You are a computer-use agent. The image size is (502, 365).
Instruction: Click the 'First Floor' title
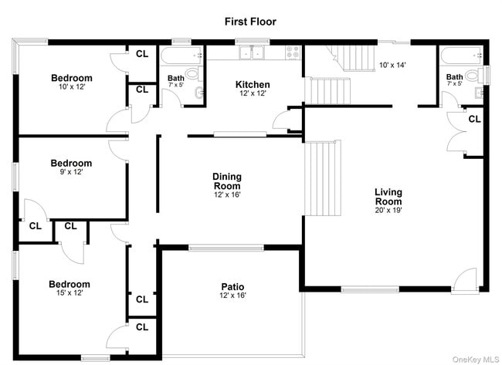click(250, 21)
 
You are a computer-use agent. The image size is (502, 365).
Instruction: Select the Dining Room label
click(227, 181)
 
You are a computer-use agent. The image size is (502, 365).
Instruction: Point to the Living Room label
click(388, 197)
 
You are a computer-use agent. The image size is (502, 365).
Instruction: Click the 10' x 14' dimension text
click(393, 65)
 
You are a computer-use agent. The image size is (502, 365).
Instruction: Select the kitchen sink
click(251, 53)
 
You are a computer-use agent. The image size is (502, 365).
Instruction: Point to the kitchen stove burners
click(293, 52)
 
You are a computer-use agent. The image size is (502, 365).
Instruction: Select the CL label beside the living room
click(474, 119)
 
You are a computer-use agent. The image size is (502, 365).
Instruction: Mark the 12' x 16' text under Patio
click(232, 296)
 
